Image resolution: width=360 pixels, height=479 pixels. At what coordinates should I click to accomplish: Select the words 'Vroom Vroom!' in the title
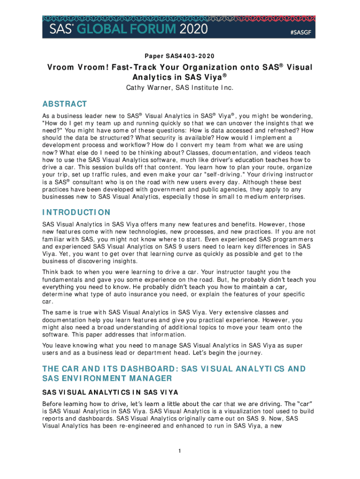(77, 67)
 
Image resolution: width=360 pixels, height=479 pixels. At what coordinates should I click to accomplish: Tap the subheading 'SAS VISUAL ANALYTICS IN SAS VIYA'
(111, 392)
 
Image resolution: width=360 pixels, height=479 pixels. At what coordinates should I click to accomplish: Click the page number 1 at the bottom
(180, 451)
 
